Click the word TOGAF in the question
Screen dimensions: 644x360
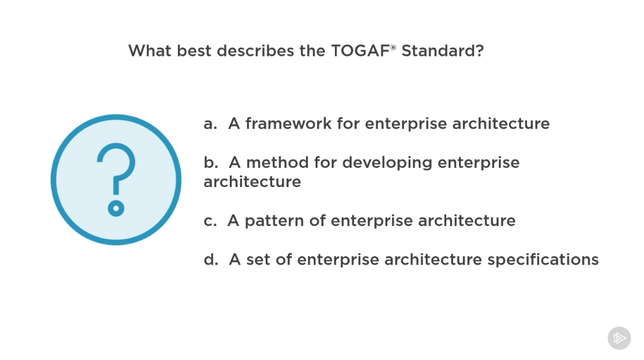360,51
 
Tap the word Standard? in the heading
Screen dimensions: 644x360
443,51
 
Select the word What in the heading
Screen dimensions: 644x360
150,51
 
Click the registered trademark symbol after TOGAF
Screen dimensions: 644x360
393,47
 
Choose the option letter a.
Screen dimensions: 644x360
210,124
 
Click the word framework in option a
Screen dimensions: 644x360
288,123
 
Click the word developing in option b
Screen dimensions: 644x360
387,163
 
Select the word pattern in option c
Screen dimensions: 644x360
275,221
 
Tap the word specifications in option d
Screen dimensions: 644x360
543,259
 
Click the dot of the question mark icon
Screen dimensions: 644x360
117,208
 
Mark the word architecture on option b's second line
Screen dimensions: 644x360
252,182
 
